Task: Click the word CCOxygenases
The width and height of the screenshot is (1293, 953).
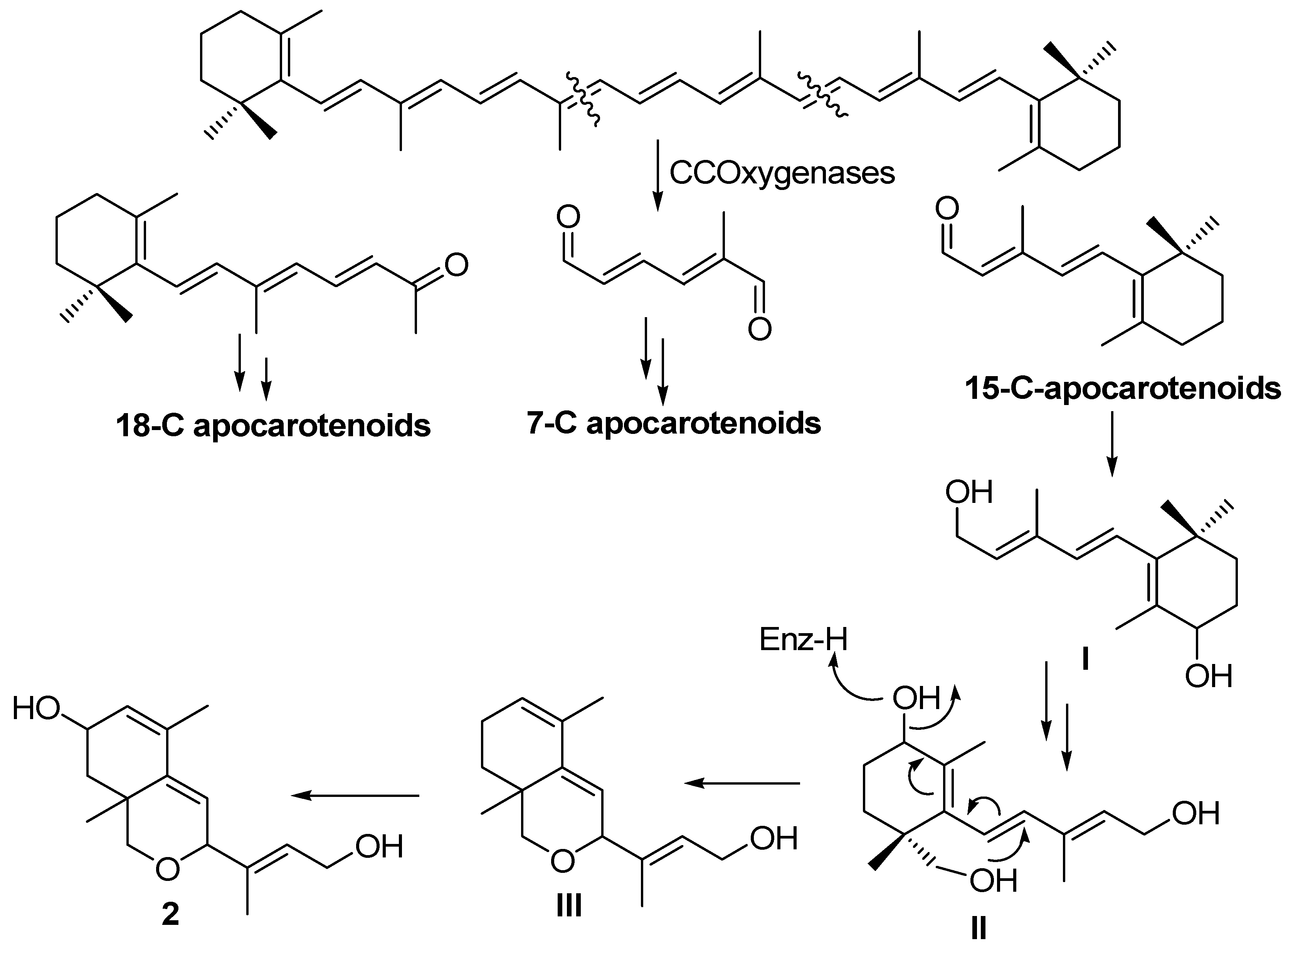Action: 782,173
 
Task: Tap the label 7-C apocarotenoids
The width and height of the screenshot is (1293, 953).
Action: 674,424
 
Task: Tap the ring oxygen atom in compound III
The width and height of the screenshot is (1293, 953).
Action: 563,861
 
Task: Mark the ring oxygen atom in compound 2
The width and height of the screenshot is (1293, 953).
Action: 167,869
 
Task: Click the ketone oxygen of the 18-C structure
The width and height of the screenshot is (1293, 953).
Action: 456,265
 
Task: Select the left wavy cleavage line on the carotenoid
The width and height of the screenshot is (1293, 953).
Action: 583,98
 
